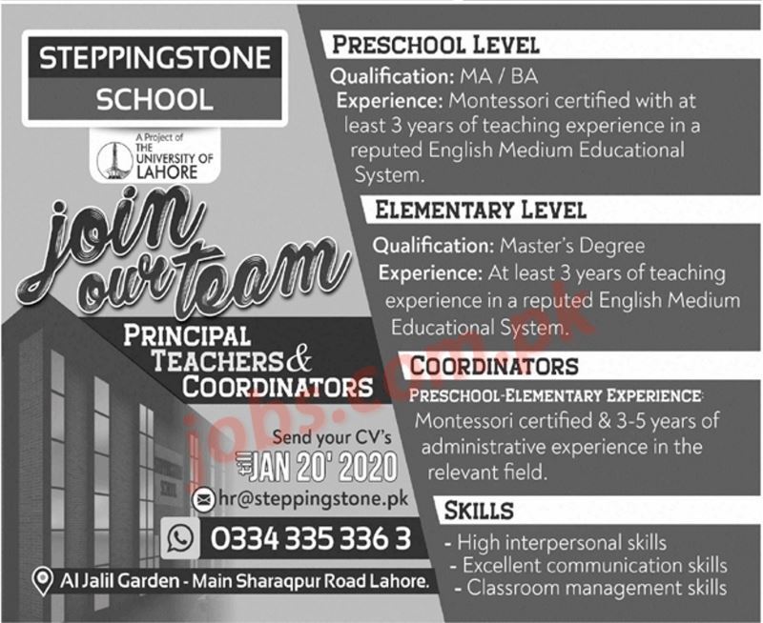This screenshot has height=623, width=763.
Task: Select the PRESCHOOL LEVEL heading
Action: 435,45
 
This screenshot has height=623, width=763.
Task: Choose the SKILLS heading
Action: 479,512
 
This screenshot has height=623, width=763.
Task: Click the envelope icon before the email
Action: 203,498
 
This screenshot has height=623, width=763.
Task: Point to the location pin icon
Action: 40,579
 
